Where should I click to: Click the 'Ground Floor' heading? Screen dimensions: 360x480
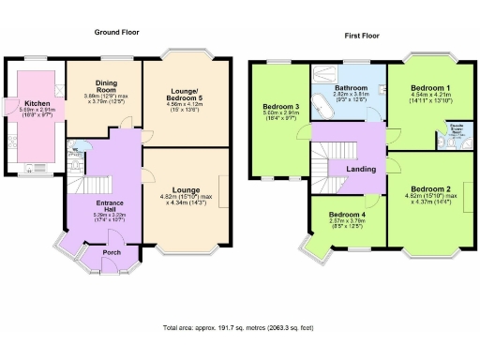point(116,32)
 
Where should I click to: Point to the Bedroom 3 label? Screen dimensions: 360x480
point(281,108)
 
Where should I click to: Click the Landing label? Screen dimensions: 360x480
point(362,169)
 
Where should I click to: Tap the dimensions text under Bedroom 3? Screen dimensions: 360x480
point(281,118)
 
